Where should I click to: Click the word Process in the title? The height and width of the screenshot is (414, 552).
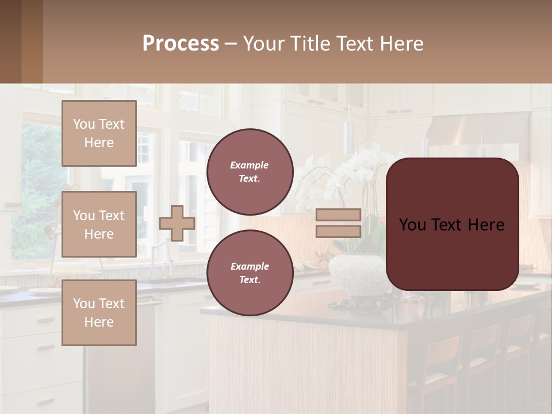[x=181, y=44]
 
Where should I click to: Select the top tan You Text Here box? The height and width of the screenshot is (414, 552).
[x=99, y=133]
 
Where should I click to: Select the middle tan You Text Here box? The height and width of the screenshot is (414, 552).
[x=99, y=224]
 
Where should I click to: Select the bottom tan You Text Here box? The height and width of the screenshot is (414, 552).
[x=99, y=312]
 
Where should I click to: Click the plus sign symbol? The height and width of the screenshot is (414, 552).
[x=177, y=223]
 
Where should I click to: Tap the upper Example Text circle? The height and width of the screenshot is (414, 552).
[x=250, y=172]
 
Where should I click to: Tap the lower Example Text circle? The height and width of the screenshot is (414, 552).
[x=250, y=273]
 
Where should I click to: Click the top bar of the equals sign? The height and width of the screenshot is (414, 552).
[x=339, y=215]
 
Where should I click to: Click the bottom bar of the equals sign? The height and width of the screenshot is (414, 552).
[x=339, y=232]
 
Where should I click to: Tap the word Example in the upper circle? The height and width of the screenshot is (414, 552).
[x=250, y=166]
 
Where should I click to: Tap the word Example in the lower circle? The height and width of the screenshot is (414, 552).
[x=250, y=266]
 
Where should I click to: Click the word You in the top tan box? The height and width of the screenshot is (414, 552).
[x=84, y=124]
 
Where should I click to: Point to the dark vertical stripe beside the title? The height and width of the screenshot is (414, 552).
[x=32, y=41]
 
